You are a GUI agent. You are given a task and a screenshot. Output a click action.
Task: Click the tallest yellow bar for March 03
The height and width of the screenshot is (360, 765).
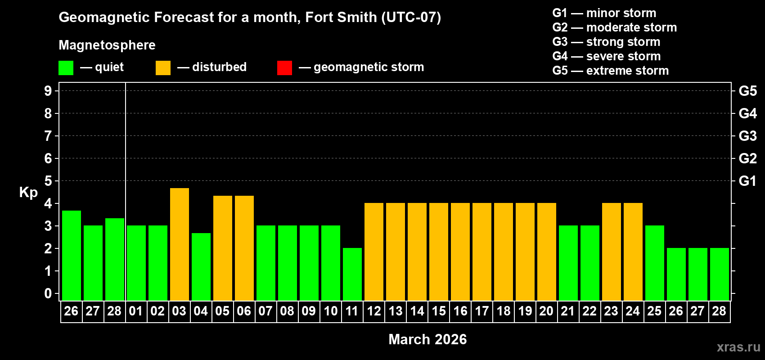(x=180, y=244)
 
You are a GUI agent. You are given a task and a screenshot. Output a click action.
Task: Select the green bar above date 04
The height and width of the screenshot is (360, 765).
(x=201, y=267)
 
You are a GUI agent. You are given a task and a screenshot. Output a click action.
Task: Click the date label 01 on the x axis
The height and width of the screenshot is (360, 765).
(x=136, y=311)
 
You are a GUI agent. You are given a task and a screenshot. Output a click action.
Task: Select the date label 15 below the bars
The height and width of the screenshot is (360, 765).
(x=439, y=311)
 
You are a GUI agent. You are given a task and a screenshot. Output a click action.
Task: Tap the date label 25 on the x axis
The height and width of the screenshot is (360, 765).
(x=654, y=311)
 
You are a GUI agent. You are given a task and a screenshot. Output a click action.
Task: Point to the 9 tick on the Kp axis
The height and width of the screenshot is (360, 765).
(x=48, y=91)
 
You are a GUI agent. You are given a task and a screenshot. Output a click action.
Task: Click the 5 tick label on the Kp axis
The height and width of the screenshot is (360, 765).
(x=48, y=181)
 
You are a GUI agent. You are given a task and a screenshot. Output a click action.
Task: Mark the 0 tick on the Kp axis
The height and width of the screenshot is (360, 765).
(x=48, y=293)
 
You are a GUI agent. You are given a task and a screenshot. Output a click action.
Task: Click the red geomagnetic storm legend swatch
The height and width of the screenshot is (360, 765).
(x=284, y=68)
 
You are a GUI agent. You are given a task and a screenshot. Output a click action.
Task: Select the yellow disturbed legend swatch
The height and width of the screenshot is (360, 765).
(x=163, y=68)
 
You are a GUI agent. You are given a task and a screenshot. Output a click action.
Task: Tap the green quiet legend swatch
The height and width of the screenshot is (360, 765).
(x=66, y=68)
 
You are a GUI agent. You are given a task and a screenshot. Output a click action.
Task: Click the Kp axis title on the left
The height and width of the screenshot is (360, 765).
(x=28, y=192)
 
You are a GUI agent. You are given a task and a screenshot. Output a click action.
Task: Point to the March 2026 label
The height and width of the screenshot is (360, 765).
(x=427, y=339)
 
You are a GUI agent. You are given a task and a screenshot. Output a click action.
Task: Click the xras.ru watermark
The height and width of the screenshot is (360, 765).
(x=738, y=347)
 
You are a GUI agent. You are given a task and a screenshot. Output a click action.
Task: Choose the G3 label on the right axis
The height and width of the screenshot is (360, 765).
(x=747, y=136)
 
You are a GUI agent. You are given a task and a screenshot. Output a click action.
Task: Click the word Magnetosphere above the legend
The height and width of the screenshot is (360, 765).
(x=107, y=45)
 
